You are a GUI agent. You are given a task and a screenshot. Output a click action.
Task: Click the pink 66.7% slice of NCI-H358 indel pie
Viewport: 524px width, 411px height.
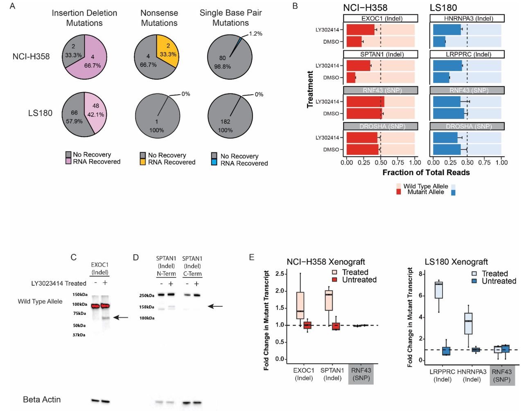(x=95, y=61)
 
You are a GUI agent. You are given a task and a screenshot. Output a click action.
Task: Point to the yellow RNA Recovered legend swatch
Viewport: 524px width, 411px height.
(x=143, y=162)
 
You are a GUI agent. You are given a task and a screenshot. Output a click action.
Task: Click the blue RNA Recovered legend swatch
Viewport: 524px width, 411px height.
(x=214, y=163)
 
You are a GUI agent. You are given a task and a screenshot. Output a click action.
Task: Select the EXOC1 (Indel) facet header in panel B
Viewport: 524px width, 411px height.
(x=380, y=18)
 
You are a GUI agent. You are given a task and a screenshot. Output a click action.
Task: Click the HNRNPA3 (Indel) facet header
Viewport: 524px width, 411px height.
(x=467, y=18)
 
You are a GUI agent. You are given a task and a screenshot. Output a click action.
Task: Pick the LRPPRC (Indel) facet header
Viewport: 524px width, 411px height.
(x=467, y=54)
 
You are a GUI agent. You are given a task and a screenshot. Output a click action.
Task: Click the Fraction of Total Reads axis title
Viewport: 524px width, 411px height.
(x=426, y=172)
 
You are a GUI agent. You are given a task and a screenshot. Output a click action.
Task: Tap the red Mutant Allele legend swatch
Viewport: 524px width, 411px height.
(x=399, y=192)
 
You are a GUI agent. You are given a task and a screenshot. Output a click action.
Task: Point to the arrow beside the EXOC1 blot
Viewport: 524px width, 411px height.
(x=121, y=317)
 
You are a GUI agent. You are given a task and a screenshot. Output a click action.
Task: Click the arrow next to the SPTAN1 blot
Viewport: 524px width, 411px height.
(x=215, y=306)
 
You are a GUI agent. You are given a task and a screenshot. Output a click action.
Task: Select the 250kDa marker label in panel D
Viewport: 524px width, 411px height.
(x=147, y=296)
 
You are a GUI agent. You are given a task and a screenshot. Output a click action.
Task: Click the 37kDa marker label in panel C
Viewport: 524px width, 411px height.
(x=79, y=335)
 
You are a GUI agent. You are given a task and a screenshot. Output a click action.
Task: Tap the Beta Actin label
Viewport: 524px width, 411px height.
(x=42, y=400)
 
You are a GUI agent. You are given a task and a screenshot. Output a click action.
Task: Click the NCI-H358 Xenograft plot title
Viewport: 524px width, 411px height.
(x=326, y=262)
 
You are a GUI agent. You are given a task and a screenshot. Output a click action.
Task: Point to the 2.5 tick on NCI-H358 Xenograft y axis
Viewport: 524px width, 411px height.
(x=280, y=273)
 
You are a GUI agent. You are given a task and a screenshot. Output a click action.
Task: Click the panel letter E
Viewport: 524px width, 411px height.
(x=252, y=257)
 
